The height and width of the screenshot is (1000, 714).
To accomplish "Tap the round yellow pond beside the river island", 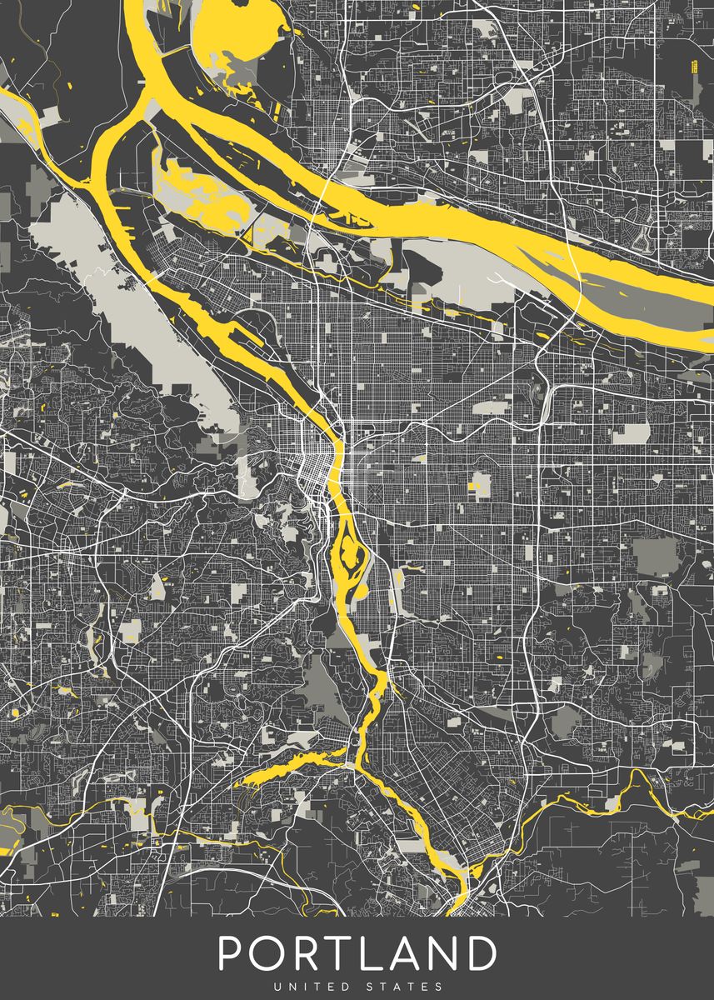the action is pyautogui.click(x=362, y=591).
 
